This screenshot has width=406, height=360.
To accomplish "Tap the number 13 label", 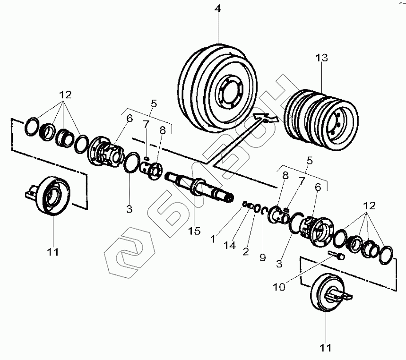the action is tap(322, 58).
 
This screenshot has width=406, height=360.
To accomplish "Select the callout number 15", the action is tap(194, 231).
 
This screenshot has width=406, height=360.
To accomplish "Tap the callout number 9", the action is tap(262, 257).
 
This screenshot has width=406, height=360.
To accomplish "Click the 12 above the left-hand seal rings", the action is tap(65, 94).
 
